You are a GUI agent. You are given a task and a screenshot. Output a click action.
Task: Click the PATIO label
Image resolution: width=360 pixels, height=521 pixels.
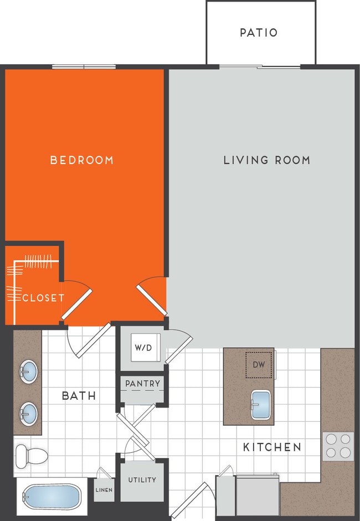259,33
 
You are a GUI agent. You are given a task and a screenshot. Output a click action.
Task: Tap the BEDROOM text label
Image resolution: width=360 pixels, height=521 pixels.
82,160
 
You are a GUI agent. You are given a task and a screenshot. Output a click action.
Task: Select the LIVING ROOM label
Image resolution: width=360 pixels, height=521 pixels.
266,160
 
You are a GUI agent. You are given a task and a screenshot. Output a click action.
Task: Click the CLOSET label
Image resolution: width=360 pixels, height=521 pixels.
43,298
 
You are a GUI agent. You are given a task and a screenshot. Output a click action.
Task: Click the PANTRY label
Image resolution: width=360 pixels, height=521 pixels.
142,383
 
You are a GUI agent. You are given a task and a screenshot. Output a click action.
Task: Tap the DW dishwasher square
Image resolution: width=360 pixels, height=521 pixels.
259,365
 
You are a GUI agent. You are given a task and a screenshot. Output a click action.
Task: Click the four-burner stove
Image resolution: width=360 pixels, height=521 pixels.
338,446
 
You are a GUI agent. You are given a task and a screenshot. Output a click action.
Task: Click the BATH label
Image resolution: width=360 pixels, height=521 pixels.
79,396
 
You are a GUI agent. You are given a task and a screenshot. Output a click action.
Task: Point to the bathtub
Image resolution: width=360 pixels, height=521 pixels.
52,497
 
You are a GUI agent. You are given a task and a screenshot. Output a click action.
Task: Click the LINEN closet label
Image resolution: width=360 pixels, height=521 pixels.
104,490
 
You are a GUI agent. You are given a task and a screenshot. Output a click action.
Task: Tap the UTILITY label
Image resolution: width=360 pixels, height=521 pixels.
142,480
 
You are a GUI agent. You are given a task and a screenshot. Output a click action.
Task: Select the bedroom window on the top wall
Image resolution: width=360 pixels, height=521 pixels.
84,67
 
